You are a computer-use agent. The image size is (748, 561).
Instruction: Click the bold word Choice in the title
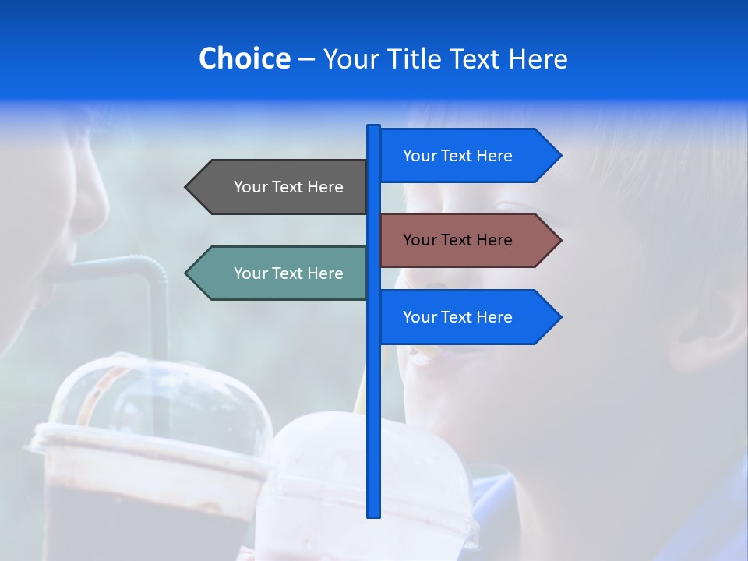244,58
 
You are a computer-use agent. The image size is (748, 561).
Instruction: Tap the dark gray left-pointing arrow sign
280,187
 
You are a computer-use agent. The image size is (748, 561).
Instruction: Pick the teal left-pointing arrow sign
280,273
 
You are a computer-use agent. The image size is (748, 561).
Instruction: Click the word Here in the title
538,58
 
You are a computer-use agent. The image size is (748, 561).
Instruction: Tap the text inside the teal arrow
288,273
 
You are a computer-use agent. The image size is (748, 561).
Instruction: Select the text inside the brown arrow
457,240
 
